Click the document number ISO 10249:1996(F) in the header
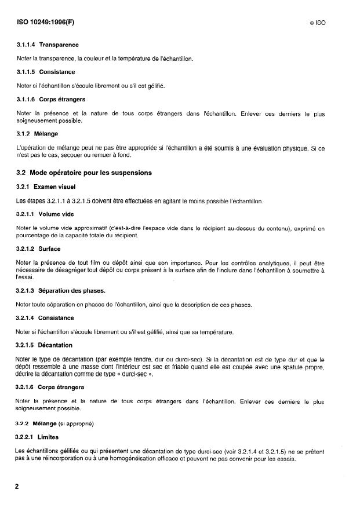(46, 23)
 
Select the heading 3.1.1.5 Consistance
(46, 72)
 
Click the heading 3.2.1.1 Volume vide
(47, 214)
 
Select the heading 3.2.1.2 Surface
(41, 249)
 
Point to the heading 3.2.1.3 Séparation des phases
(62, 291)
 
